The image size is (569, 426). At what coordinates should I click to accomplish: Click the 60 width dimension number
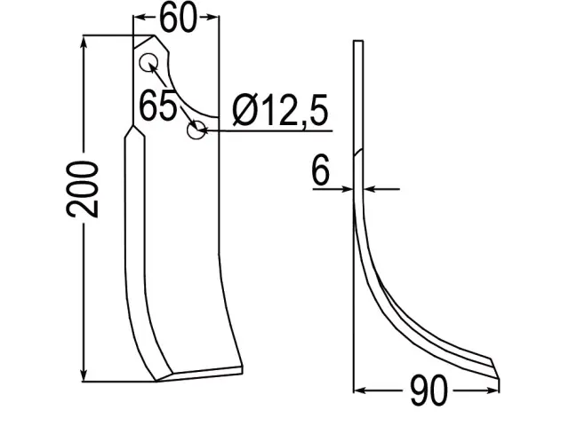(178, 19)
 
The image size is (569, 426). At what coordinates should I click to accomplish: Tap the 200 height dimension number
(83, 189)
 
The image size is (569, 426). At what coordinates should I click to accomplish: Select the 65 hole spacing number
(158, 106)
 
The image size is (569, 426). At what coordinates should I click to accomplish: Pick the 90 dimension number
(429, 391)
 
